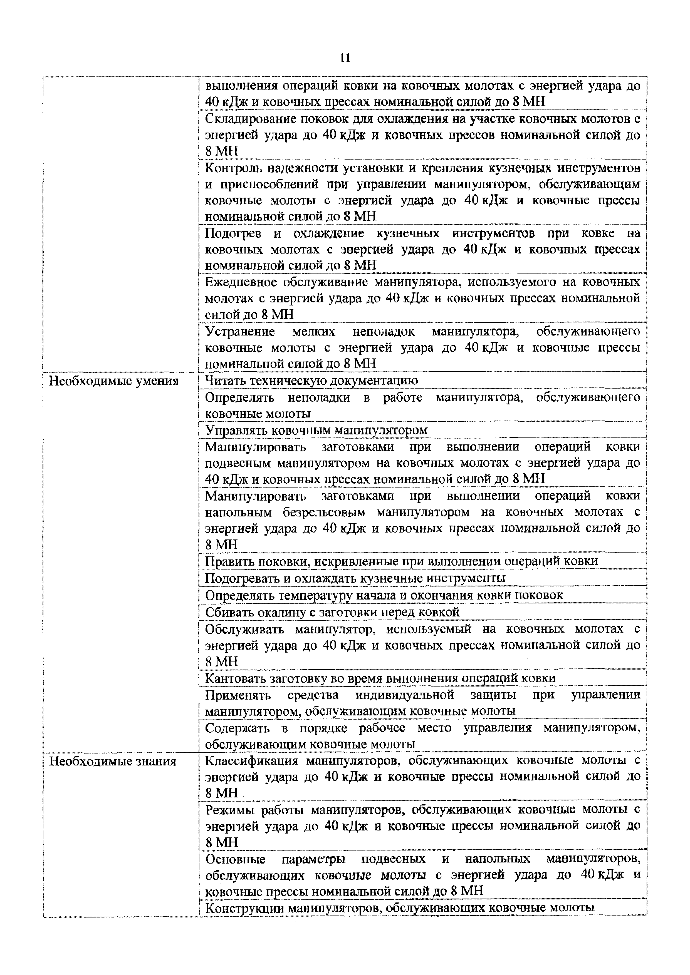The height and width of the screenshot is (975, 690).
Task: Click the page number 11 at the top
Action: (x=345, y=57)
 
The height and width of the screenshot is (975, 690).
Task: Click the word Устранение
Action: (x=240, y=331)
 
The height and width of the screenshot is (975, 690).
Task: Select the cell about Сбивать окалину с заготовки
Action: (x=332, y=612)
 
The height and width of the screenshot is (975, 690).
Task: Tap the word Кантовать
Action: (x=235, y=678)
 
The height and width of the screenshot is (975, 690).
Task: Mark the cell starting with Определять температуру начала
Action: (x=384, y=595)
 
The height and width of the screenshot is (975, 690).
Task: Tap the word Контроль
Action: (x=232, y=168)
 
